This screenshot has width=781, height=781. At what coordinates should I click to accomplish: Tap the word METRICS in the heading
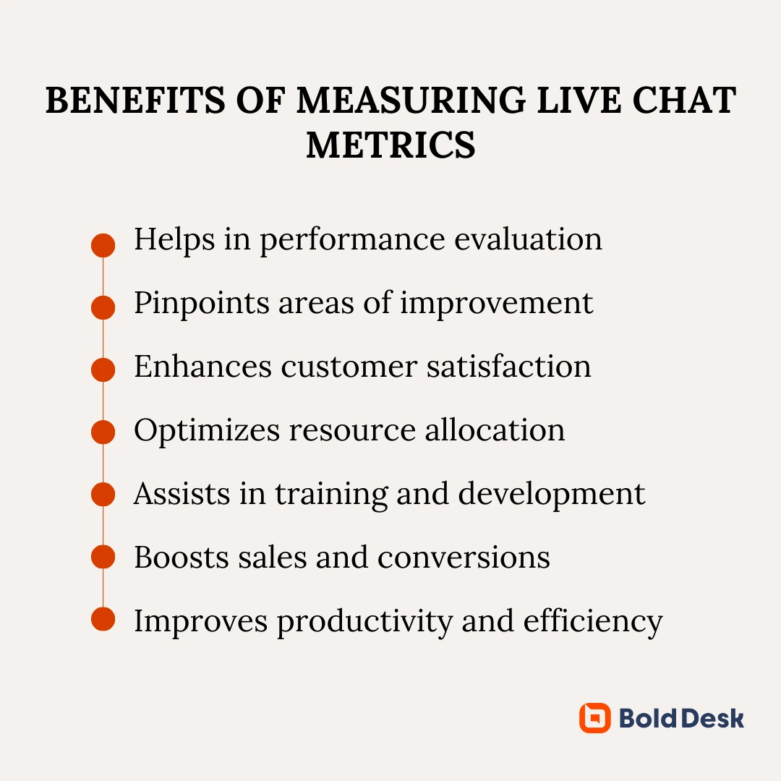(x=390, y=145)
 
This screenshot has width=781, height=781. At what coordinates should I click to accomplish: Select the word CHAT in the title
(x=684, y=100)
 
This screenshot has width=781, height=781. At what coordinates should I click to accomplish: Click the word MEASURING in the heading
(x=411, y=100)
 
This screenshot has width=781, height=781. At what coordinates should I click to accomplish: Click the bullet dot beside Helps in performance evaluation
(x=103, y=245)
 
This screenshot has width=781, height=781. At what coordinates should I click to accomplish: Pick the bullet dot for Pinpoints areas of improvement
(x=103, y=307)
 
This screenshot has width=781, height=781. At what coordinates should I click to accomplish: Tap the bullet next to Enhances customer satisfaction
(x=103, y=370)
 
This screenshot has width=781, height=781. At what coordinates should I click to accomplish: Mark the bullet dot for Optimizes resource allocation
(x=103, y=432)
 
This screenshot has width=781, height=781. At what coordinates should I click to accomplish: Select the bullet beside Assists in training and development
(x=103, y=494)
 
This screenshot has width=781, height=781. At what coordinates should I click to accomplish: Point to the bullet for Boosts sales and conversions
(x=103, y=556)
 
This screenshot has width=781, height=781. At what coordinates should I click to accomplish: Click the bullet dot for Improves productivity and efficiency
(x=103, y=619)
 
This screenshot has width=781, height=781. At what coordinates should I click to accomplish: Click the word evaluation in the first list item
(x=528, y=239)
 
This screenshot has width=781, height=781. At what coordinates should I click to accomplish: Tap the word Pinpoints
(x=202, y=304)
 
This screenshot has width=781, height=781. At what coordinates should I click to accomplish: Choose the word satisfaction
(x=508, y=367)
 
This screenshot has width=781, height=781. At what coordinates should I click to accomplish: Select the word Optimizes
(x=207, y=431)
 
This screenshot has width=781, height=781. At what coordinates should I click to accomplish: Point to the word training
(x=331, y=495)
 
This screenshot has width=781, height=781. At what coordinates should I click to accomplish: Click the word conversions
(x=464, y=558)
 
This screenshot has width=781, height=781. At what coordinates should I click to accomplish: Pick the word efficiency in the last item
(x=593, y=622)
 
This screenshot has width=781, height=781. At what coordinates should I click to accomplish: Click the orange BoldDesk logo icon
(x=594, y=718)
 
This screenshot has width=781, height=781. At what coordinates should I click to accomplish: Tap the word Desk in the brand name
(x=712, y=718)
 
